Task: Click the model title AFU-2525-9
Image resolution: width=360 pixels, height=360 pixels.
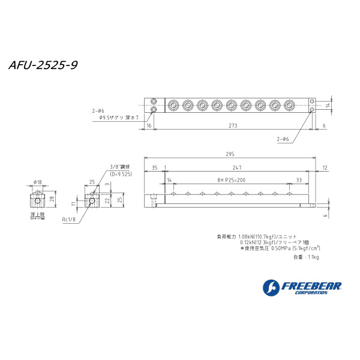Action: pos(43,64)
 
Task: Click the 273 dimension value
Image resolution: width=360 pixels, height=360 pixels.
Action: pos(233,125)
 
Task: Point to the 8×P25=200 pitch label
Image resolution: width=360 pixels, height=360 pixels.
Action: pos(232,180)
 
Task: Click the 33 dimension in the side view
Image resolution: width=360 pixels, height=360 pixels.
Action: pos(299,180)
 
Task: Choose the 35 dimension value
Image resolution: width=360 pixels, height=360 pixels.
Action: pos(154,167)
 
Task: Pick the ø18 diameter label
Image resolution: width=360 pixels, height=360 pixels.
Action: pos(37,182)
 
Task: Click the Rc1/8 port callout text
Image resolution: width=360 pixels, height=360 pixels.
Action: pos(68,220)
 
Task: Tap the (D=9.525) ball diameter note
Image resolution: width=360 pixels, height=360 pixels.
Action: pos(121,173)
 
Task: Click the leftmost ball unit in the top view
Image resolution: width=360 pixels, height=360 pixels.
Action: pos(172,106)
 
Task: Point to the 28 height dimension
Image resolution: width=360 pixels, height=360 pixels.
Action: pos(52,199)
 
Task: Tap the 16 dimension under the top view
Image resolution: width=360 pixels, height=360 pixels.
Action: pos(149,125)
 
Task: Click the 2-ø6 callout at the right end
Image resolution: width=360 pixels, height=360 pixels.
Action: pos(283,139)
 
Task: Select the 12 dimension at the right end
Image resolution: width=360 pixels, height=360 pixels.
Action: pos(325,167)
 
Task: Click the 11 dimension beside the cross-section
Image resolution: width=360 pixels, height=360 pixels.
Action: pos(74,203)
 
